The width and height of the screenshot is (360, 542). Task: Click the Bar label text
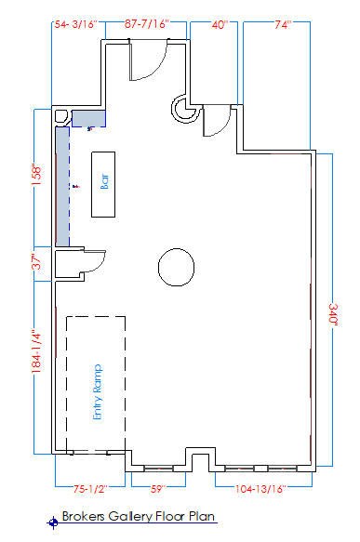click(x=104, y=183)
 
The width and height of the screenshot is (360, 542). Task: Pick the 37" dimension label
click(x=36, y=262)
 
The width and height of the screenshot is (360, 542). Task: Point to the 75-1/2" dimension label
click(x=90, y=487)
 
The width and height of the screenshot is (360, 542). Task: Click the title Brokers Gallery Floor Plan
click(x=139, y=516)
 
